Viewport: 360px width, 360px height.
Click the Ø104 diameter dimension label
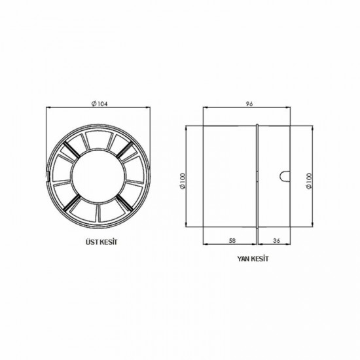coord(99,104)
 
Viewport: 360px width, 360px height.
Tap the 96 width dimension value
coord(249,104)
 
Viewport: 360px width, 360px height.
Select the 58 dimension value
coord(232,240)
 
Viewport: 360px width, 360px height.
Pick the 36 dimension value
coord(277,240)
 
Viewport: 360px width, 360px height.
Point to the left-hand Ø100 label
coord(183,181)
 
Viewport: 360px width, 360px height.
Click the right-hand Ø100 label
coord(309,181)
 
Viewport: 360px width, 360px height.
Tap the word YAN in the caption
coord(243,259)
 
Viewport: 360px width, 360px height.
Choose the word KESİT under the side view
coord(259,259)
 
